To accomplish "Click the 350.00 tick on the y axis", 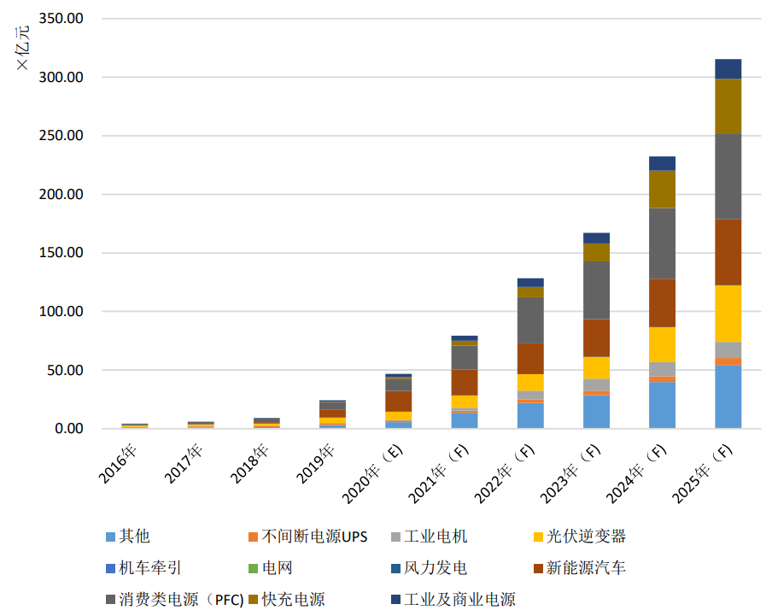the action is coord(61,19).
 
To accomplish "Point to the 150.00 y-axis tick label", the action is coord(61,253).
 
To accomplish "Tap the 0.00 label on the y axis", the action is coord(69,428).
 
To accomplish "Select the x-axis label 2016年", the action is coord(118,463).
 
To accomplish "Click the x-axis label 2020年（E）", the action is coord(372,473).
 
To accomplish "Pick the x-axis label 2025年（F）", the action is coord(703,473).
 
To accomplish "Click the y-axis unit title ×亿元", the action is coord(23,48).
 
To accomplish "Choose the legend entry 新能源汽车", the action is coord(580,568).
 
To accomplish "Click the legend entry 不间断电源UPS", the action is coord(308,537).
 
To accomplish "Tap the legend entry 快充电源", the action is coord(287,600).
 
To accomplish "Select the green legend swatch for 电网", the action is coord(253,569).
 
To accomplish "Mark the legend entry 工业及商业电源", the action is coord(453,600).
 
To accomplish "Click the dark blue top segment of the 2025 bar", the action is coord(728,69).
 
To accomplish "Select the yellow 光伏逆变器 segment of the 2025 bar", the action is coord(728,314).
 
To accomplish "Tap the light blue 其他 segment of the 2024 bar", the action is coord(662,405).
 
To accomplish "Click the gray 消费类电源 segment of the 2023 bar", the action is coord(596,290).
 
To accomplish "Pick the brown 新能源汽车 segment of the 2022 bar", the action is coord(530,359).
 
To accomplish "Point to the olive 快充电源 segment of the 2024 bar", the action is coord(662,190).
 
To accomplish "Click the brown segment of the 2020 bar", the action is coord(398,402).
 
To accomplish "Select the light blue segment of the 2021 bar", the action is coord(465,420).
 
